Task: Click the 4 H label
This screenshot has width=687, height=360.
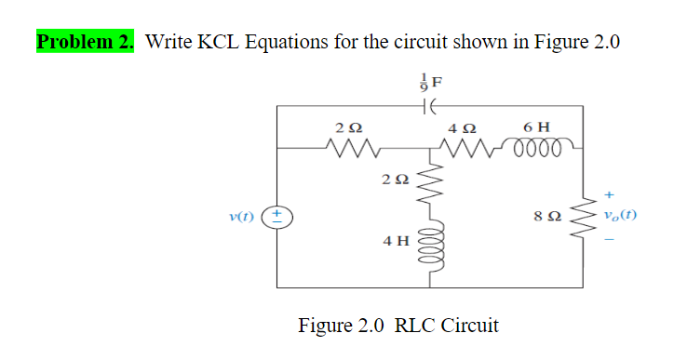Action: click(x=395, y=241)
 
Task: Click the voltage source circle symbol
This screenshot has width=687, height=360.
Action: click(x=280, y=218)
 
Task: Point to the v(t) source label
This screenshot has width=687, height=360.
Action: click(x=240, y=218)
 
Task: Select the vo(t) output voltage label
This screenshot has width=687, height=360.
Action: click(x=620, y=218)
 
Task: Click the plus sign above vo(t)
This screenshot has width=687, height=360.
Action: click(x=610, y=195)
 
